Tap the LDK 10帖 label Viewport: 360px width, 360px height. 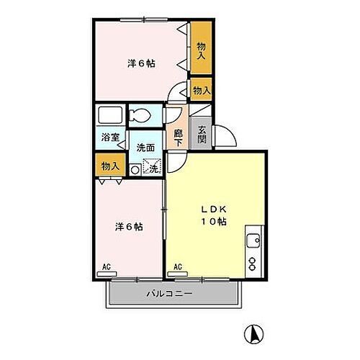(x=213, y=215)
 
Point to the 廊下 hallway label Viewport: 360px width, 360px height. (x=178, y=135)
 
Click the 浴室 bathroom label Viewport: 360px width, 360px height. (x=110, y=135)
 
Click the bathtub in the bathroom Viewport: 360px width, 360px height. (x=110, y=115)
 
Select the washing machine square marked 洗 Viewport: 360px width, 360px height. (x=152, y=168)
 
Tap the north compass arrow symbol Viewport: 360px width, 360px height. (x=253, y=335)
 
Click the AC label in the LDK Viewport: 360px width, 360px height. (x=177, y=267)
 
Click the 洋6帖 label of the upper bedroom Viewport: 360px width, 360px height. (x=141, y=63)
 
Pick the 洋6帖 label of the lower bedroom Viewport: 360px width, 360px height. (x=128, y=227)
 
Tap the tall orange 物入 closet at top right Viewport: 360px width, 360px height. (x=202, y=49)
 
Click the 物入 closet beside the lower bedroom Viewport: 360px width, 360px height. (x=109, y=165)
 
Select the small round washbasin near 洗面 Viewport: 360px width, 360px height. (x=135, y=170)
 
